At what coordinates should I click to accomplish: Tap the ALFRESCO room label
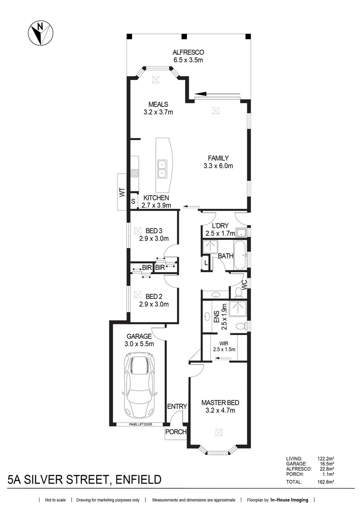pos(188,52)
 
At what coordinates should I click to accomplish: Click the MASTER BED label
pos(220,402)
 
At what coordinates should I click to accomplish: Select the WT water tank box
pos(122,192)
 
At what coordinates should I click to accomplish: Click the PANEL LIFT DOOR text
pos(142,424)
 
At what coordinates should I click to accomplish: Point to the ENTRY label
pos(176,406)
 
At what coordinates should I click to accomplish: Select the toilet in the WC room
pos(237,291)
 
